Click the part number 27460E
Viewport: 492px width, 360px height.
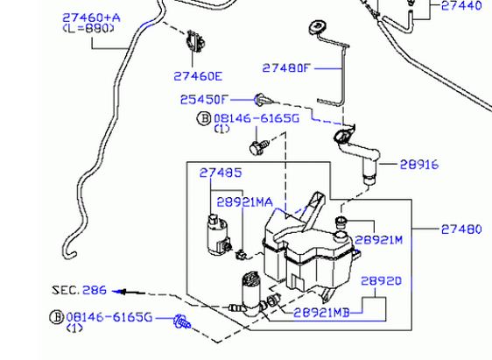[x=198, y=76]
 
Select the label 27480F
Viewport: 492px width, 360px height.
[x=286, y=67]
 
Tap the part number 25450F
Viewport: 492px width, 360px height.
[x=204, y=100]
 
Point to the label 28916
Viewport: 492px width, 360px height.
[x=419, y=165]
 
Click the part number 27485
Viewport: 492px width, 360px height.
[x=221, y=173]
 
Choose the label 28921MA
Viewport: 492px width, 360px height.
[x=245, y=202]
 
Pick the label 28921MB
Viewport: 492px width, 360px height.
[x=321, y=313]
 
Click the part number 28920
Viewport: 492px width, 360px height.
[x=381, y=280]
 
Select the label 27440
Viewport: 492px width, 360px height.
[x=461, y=5]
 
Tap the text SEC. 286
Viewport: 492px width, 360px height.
[x=80, y=290]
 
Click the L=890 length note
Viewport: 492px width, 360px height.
[x=88, y=29]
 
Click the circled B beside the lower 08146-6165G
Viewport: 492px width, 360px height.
[x=57, y=317]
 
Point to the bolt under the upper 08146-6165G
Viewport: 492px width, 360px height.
[x=259, y=147]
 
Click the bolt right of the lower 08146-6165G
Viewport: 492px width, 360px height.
[x=182, y=321]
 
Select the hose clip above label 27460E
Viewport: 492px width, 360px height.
[x=196, y=41]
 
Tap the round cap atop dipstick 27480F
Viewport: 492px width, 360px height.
[x=318, y=28]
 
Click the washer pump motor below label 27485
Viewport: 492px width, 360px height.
[x=219, y=235]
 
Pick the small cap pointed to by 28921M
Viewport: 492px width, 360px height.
[x=341, y=222]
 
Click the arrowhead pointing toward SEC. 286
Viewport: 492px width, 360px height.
[x=120, y=293]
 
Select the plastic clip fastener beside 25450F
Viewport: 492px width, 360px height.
[x=264, y=100]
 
